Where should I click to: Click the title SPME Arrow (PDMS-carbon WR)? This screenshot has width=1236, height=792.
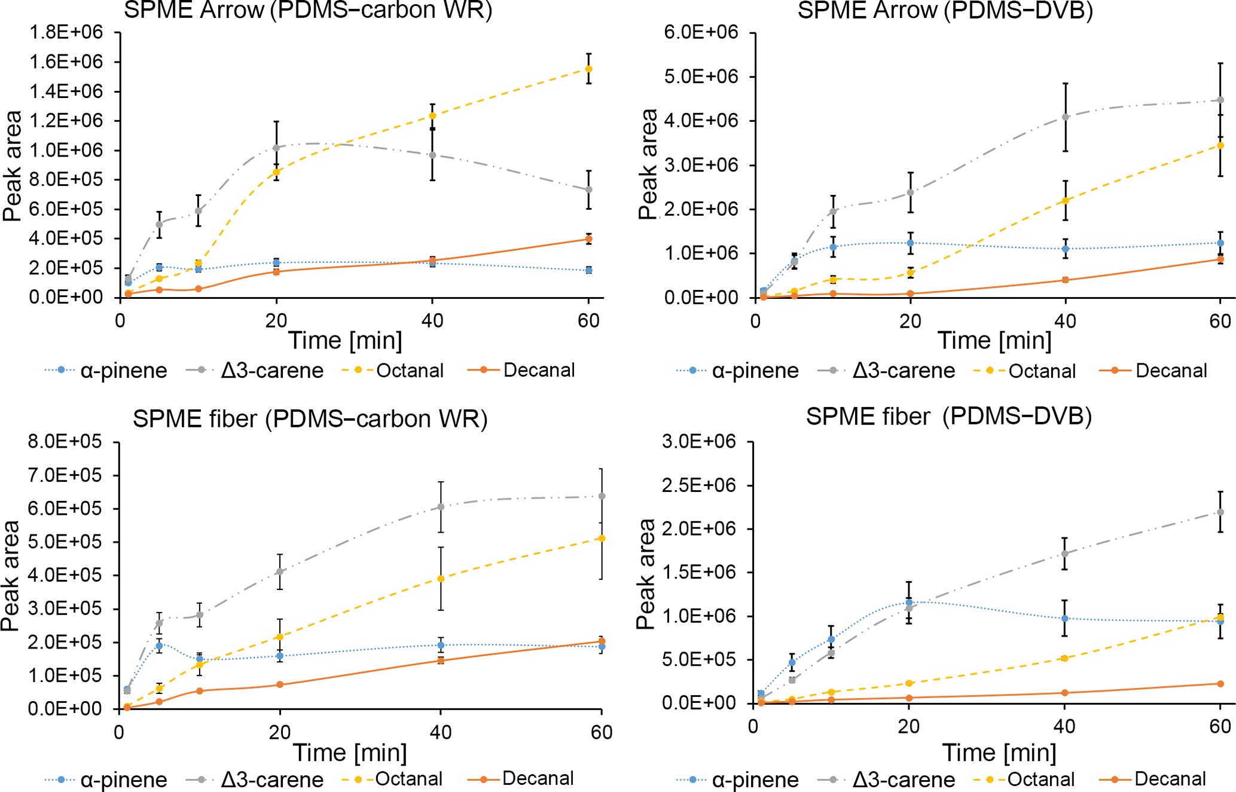[308, 10]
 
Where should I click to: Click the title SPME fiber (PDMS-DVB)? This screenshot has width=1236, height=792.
[948, 416]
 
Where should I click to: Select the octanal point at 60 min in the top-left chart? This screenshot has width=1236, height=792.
[588, 69]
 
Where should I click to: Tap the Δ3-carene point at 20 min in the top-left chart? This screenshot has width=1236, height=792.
[276, 148]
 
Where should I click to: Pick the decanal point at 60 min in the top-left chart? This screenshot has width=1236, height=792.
[588, 239]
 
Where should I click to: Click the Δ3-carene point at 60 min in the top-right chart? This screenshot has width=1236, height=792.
[1220, 100]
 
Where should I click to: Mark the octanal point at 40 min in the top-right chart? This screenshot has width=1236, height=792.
[1065, 201]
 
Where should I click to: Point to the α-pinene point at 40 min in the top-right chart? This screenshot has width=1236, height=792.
[1065, 249]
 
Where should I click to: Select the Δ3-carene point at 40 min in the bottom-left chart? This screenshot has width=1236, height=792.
[441, 507]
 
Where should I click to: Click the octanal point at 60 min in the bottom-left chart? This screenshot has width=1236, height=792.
[602, 539]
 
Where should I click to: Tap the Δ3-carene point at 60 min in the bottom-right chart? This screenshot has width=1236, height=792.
[1220, 512]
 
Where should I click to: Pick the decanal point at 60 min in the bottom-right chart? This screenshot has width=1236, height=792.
[1220, 684]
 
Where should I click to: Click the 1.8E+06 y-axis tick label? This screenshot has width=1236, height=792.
[66, 32]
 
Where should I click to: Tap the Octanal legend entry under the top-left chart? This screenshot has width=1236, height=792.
[410, 371]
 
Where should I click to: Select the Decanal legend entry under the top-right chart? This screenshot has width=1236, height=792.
[1171, 371]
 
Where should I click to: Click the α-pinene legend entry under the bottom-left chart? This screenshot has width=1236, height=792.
[123, 779]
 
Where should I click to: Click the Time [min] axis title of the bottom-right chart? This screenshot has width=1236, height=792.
[999, 753]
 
